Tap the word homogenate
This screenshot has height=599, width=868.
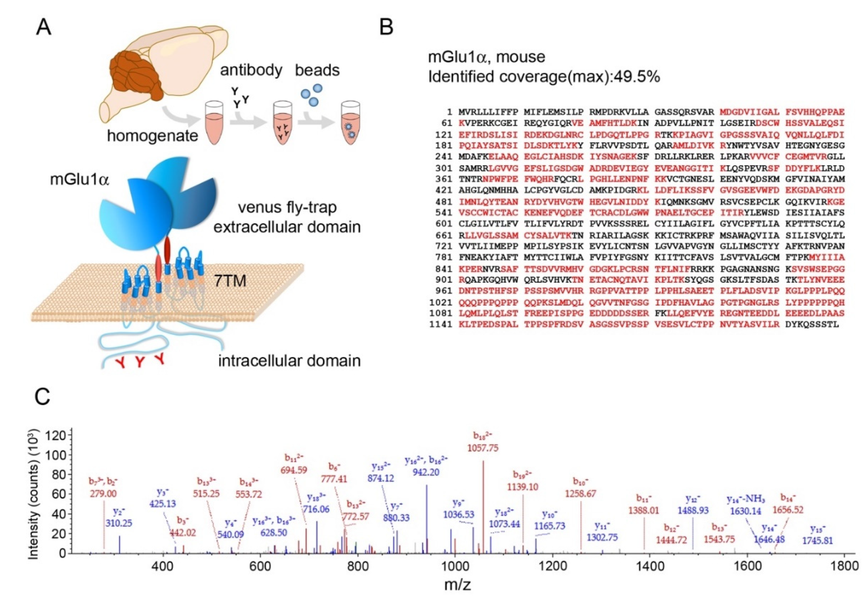pyautogui.click(x=152, y=135)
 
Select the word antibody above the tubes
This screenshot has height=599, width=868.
pyautogui.click(x=251, y=70)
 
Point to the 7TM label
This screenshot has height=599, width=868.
pyautogui.click(x=230, y=280)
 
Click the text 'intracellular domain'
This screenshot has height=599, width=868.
pyautogui.click(x=289, y=361)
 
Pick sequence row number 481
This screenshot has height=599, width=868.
pyautogui.click(x=443, y=202)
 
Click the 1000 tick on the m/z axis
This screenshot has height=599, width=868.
pyautogui.click(x=455, y=564)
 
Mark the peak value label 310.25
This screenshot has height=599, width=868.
pyautogui.click(x=119, y=523)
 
